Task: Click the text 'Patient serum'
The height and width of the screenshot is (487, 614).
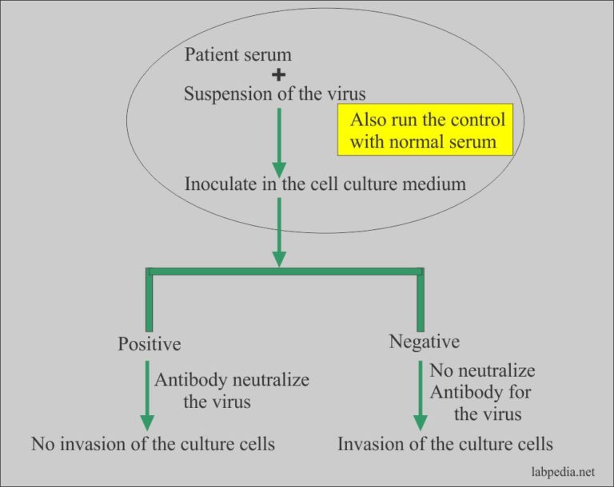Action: coord(237,55)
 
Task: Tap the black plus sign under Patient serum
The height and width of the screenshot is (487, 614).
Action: coord(279,74)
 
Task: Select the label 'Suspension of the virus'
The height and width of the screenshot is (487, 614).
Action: coord(275,93)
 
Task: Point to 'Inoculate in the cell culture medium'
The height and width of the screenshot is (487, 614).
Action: coord(325,183)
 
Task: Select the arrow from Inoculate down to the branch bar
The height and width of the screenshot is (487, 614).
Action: coord(279,232)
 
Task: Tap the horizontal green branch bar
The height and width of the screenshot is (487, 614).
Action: coord(285,271)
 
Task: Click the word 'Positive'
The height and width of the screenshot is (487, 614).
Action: coord(150,344)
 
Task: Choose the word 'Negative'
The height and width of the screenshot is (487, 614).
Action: coord(425,342)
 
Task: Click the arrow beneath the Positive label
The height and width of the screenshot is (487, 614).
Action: coord(147,396)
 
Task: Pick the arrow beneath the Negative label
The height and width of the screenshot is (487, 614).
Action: coord(421,396)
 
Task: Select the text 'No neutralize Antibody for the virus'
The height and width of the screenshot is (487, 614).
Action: coord(482,392)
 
